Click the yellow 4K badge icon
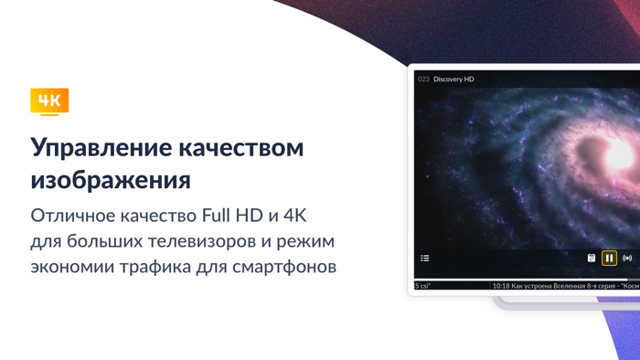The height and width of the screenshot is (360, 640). [x=49, y=101]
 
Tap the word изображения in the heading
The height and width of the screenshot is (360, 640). [x=111, y=179]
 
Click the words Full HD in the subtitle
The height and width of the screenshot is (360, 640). [x=235, y=216]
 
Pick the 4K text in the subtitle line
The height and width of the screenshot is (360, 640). [x=295, y=216]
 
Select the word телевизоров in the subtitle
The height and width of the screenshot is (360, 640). [x=202, y=241]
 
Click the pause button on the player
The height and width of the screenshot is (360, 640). [x=609, y=259]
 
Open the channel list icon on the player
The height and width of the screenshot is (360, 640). [x=425, y=259]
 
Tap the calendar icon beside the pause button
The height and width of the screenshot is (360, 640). [x=592, y=259]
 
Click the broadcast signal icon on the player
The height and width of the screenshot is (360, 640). [x=627, y=259]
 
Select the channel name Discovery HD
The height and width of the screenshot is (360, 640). [x=453, y=79]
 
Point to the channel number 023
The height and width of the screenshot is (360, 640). [x=423, y=79]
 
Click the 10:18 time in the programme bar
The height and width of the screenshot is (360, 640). [x=501, y=286]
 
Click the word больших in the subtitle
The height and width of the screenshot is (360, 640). [x=102, y=241]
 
